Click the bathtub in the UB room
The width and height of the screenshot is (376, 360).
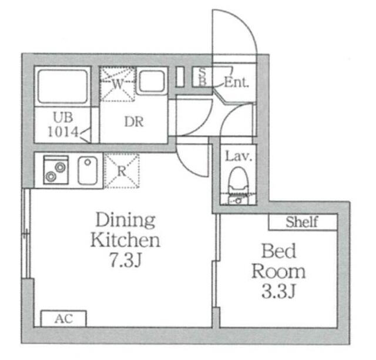coord(62,86)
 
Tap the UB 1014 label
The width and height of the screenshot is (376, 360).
coord(63,125)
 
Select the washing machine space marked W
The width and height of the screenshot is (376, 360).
coord(117,84)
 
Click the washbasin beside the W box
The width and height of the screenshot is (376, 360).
coord(152,81)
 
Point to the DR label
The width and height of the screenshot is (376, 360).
coord(134,122)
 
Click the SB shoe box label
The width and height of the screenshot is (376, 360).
coord(203,76)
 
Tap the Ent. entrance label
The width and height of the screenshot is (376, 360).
coord(236,82)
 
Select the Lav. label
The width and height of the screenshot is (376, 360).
coord(239,156)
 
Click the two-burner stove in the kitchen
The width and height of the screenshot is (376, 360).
coord(56,170)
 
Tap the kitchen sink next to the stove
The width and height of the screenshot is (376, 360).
coord(88,170)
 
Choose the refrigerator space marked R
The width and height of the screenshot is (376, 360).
coord(122,171)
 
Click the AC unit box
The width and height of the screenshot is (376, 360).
coord(63,319)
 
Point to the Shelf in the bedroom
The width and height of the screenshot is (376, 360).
coord(303,222)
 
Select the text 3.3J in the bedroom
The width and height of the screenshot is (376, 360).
coord(278,291)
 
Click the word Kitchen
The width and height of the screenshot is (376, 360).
coord(125,239)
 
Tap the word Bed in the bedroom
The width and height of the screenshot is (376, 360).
coord(278,251)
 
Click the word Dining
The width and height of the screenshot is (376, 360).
coord(125,219)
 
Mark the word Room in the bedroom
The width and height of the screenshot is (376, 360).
coord(278,271)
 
